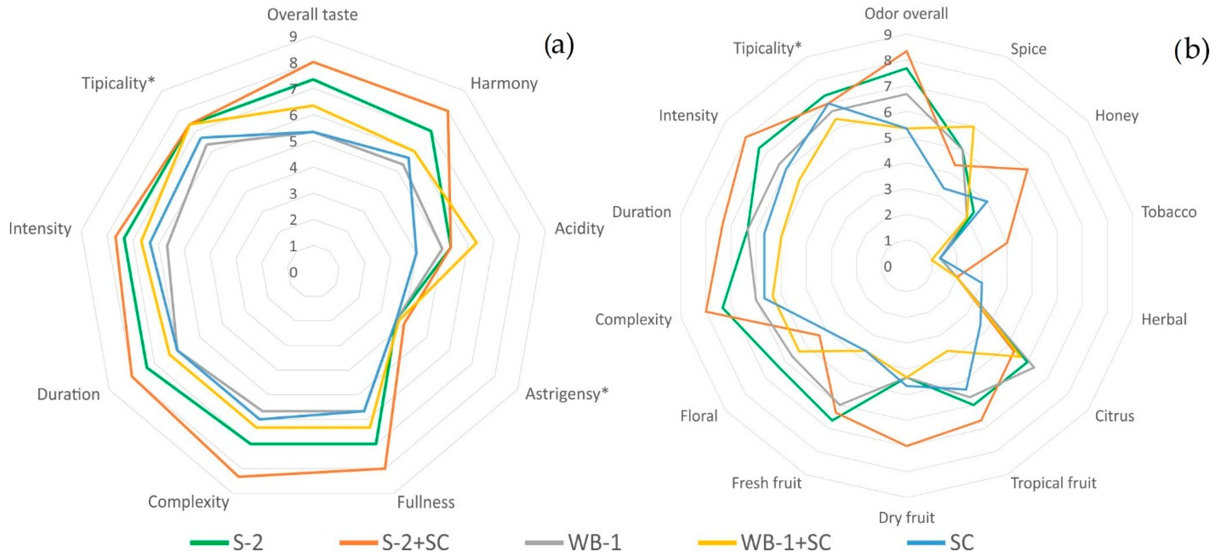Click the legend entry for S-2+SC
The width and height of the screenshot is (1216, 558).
click(x=395, y=542)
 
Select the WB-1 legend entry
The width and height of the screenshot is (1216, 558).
click(x=573, y=542)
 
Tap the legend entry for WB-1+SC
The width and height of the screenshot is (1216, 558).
click(x=765, y=542)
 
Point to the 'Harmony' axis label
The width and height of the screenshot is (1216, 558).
click(x=504, y=84)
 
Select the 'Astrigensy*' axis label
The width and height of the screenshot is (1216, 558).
click(x=567, y=394)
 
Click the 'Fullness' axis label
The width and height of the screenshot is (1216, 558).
click(x=425, y=502)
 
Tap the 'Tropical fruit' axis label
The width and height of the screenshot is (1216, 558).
click(x=1053, y=483)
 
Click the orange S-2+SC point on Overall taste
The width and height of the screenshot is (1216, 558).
click(x=312, y=62)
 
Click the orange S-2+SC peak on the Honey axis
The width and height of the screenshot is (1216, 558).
click(x=1027, y=169)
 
